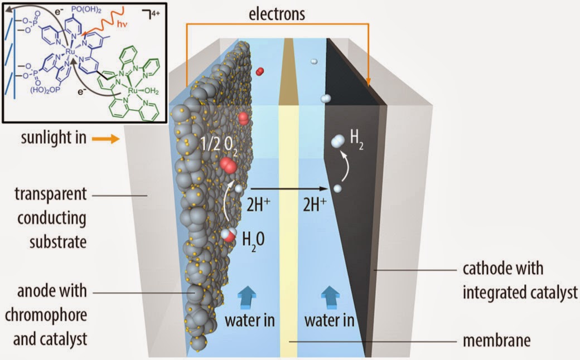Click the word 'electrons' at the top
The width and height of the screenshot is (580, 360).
277,13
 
